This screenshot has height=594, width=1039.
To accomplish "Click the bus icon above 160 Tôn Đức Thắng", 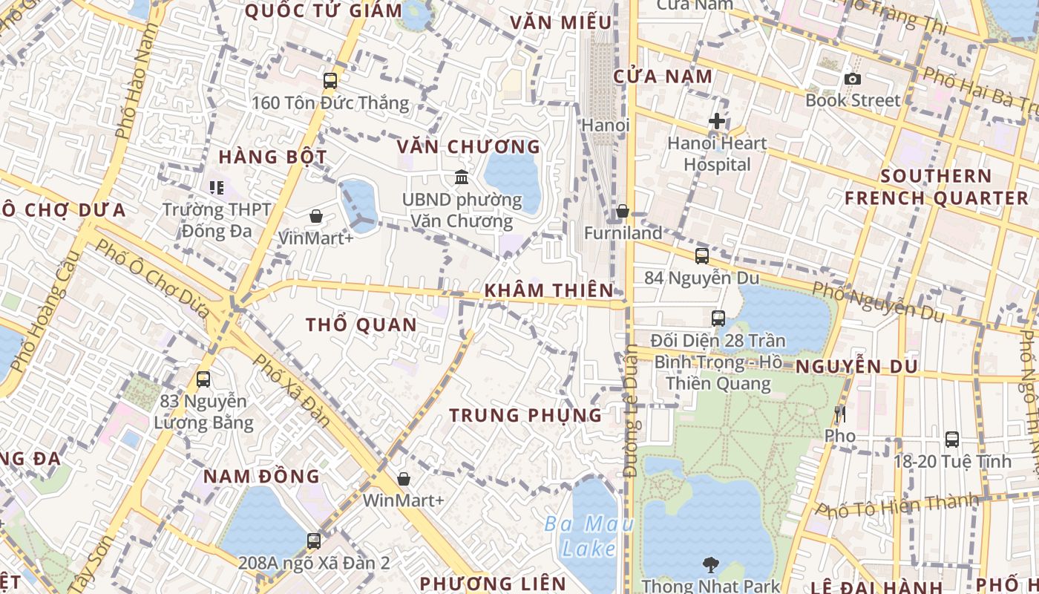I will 330,81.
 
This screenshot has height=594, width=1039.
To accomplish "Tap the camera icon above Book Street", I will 853,79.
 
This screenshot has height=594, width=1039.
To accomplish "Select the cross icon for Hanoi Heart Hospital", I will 717,120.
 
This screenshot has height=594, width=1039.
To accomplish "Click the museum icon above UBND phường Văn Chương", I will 462,177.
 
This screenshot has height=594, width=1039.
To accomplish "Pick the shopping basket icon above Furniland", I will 623,212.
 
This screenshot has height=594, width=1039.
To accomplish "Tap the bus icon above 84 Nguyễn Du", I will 702,256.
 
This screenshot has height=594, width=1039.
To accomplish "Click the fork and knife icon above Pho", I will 840,414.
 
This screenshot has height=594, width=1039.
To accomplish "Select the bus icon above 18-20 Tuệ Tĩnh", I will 952,440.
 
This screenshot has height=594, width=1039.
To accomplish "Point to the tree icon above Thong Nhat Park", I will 711,565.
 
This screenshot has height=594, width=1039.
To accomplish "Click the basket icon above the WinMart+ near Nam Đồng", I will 404,479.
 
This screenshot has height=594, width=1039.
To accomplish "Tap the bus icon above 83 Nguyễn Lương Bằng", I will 203,379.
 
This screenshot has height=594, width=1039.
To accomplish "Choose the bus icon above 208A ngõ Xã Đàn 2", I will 314,541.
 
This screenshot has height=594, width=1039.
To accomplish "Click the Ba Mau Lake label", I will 589,536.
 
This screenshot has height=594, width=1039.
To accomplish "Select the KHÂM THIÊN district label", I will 548,290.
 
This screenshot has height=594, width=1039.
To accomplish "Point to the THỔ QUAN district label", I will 361,324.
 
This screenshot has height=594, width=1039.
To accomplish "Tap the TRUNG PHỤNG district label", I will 525,415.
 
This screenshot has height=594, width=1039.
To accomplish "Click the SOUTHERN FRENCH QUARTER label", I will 937,187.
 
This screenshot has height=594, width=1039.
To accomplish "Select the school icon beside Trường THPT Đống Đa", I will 217,187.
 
